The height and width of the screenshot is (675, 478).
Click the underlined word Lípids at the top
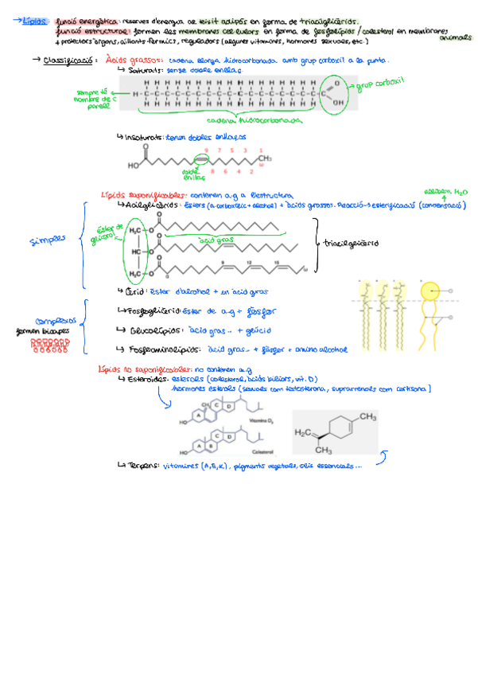click(x=36, y=22)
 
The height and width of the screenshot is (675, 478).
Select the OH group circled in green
click(x=338, y=101)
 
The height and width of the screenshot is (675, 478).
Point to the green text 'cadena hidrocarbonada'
click(x=254, y=121)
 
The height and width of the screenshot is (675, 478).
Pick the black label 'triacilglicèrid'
click(x=352, y=243)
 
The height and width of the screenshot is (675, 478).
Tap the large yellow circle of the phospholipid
click(x=429, y=293)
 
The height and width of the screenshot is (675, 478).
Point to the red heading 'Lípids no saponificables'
click(x=145, y=370)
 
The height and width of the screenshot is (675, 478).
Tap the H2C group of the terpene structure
click(x=303, y=432)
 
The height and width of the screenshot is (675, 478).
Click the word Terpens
click(x=142, y=466)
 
